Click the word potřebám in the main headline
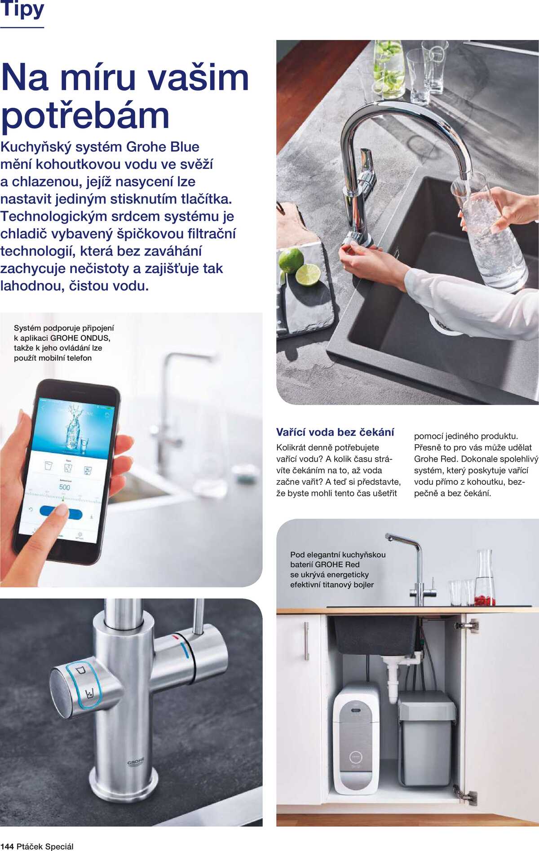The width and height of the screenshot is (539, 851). click(x=85, y=116)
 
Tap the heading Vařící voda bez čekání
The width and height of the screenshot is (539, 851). click(x=335, y=432)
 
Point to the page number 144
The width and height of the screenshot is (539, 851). click(x=7, y=847)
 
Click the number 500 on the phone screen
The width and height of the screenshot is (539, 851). click(x=64, y=487)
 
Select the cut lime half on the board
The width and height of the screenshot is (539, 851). click(x=308, y=275)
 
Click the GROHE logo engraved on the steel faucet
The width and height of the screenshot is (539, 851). click(x=136, y=762)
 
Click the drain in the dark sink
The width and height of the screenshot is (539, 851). click(x=444, y=324)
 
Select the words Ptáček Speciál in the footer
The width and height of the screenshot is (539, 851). click(x=45, y=847)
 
